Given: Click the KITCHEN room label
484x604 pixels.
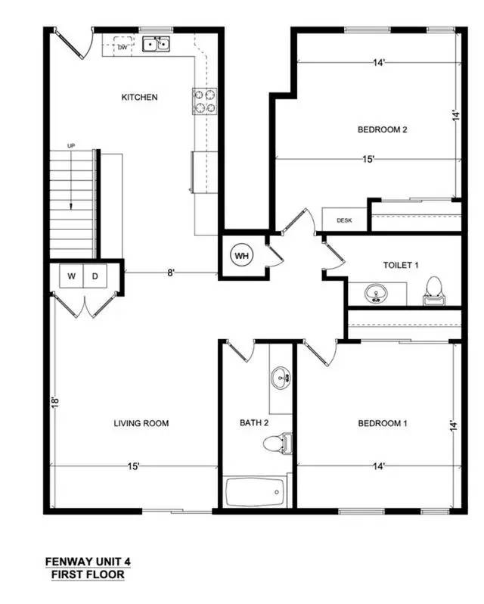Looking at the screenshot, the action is [139, 97].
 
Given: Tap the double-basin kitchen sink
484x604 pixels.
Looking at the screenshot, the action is [157, 45].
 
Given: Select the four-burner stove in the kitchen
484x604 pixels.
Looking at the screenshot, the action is [204, 101].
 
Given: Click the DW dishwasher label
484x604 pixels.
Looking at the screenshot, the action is [123, 48].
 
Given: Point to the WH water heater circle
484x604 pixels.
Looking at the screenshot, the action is [241, 255].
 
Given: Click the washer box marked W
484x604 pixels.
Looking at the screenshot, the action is [71, 276].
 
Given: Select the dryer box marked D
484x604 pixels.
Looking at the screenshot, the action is [95, 276].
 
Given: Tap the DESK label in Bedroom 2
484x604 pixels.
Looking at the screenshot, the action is [344, 220].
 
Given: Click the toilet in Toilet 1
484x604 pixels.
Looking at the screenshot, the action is [434, 291].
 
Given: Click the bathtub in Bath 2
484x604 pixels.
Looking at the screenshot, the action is [255, 492].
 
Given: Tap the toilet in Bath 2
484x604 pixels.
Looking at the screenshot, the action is [278, 443].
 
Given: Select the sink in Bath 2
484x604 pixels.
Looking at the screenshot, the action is [281, 378].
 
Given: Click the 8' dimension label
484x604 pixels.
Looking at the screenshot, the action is [171, 273].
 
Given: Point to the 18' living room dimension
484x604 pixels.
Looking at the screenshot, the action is [55, 402].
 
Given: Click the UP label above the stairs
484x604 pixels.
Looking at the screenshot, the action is [71, 145].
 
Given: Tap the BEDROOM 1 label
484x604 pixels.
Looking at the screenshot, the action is [383, 423].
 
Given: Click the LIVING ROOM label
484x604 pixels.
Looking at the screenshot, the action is [141, 423].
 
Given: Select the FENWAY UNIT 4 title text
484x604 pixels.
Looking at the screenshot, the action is [88, 562].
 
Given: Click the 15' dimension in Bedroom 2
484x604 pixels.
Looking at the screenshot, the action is [368, 159].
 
